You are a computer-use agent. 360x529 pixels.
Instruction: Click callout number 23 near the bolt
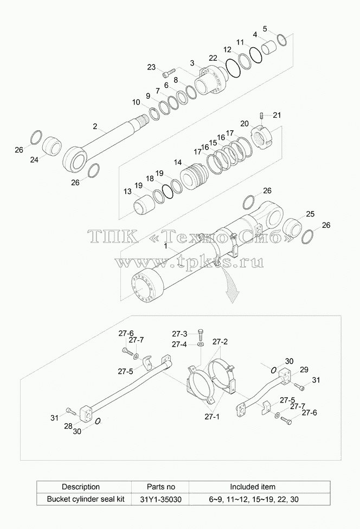click(x=151, y=67)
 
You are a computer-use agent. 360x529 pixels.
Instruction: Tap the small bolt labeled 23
click(x=169, y=73)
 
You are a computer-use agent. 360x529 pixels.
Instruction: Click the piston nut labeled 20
click(x=262, y=136)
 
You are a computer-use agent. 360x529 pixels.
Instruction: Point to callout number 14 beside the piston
click(x=178, y=163)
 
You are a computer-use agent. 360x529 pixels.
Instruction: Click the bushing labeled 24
click(x=52, y=145)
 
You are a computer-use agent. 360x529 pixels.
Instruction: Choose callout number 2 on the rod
click(x=95, y=126)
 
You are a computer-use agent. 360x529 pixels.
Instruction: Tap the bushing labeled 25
click(x=293, y=227)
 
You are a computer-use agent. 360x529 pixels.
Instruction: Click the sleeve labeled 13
click(x=144, y=204)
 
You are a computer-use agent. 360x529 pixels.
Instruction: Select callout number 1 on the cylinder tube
click(x=165, y=246)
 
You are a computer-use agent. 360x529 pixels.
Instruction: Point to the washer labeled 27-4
click(x=201, y=344)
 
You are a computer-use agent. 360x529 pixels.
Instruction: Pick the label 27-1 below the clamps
click(x=212, y=417)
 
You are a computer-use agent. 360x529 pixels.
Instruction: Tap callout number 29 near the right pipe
click(x=304, y=369)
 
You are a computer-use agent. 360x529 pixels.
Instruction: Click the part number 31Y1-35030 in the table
click(x=161, y=499)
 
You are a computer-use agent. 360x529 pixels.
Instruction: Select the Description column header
click(x=81, y=487)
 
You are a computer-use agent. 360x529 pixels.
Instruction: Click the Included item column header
click(x=253, y=487)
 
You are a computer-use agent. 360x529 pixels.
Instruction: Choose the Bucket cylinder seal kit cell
click(x=86, y=499)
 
